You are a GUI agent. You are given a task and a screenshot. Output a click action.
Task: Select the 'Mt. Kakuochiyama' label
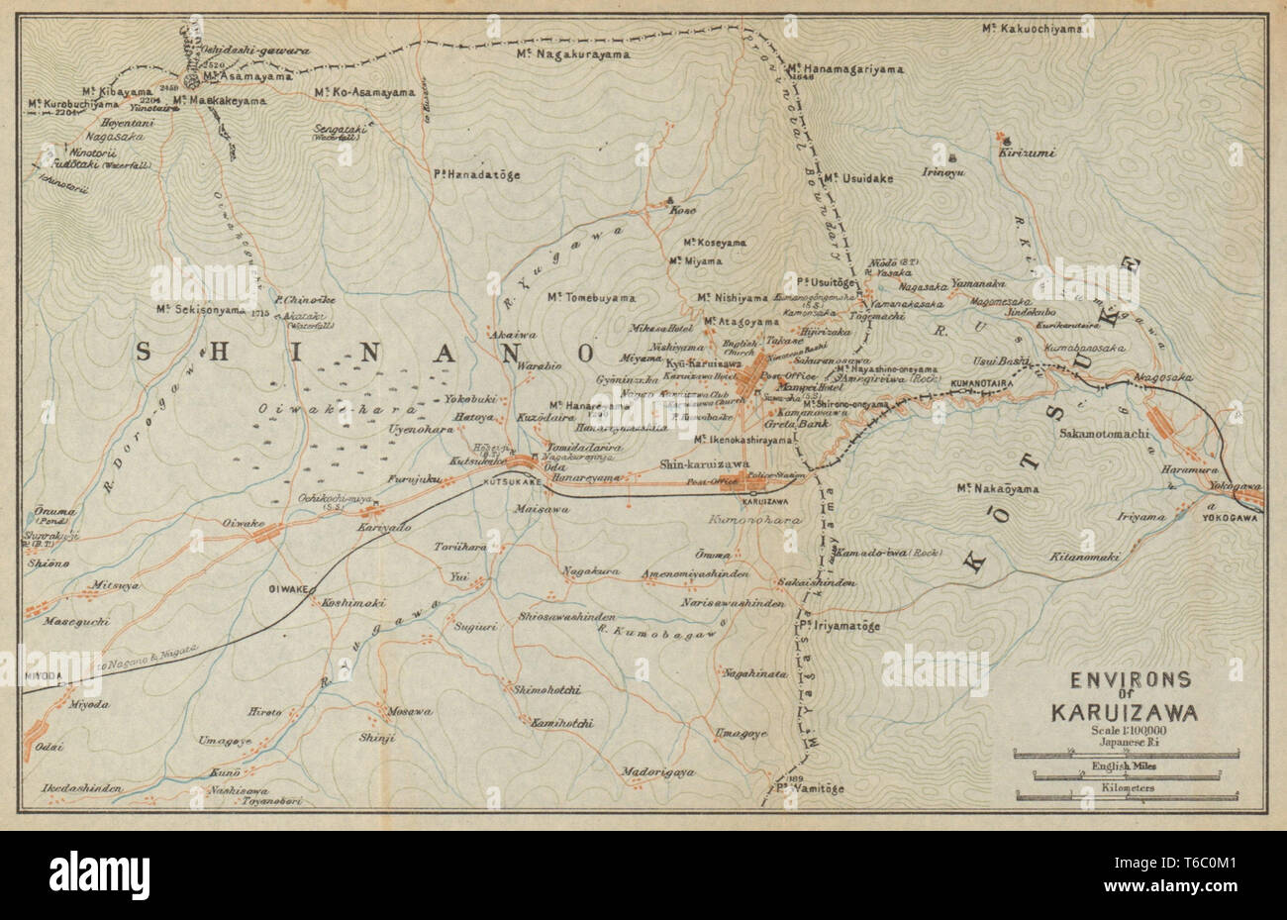[1033, 30]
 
